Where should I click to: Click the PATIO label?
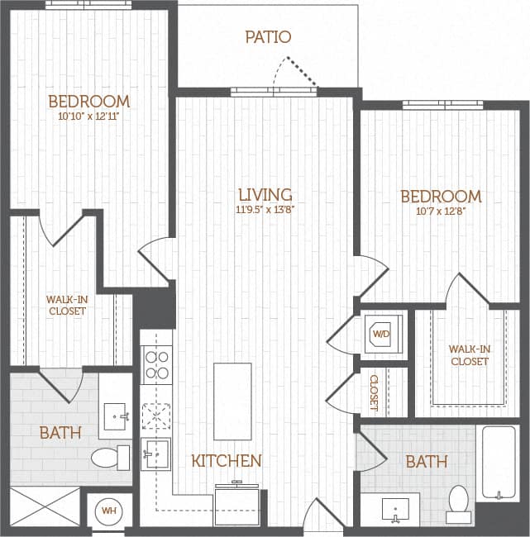(269, 37)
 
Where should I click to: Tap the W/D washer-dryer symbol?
(381, 334)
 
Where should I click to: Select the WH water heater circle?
(108, 511)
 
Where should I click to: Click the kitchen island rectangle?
(232, 402)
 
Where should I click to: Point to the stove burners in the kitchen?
(156, 364)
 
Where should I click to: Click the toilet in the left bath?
(110, 457)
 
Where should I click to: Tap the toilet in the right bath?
(458, 501)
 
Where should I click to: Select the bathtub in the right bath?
(499, 462)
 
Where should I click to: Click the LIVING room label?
(265, 195)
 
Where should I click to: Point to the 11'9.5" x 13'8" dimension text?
(265, 210)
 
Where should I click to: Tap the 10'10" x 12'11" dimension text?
(88, 116)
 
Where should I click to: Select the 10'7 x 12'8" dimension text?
(441, 211)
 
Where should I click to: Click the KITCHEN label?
(227, 461)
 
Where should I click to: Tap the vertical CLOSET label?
(375, 392)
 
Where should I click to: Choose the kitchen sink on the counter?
(155, 453)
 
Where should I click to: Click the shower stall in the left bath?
(45, 506)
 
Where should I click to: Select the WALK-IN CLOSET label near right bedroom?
(469, 355)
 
